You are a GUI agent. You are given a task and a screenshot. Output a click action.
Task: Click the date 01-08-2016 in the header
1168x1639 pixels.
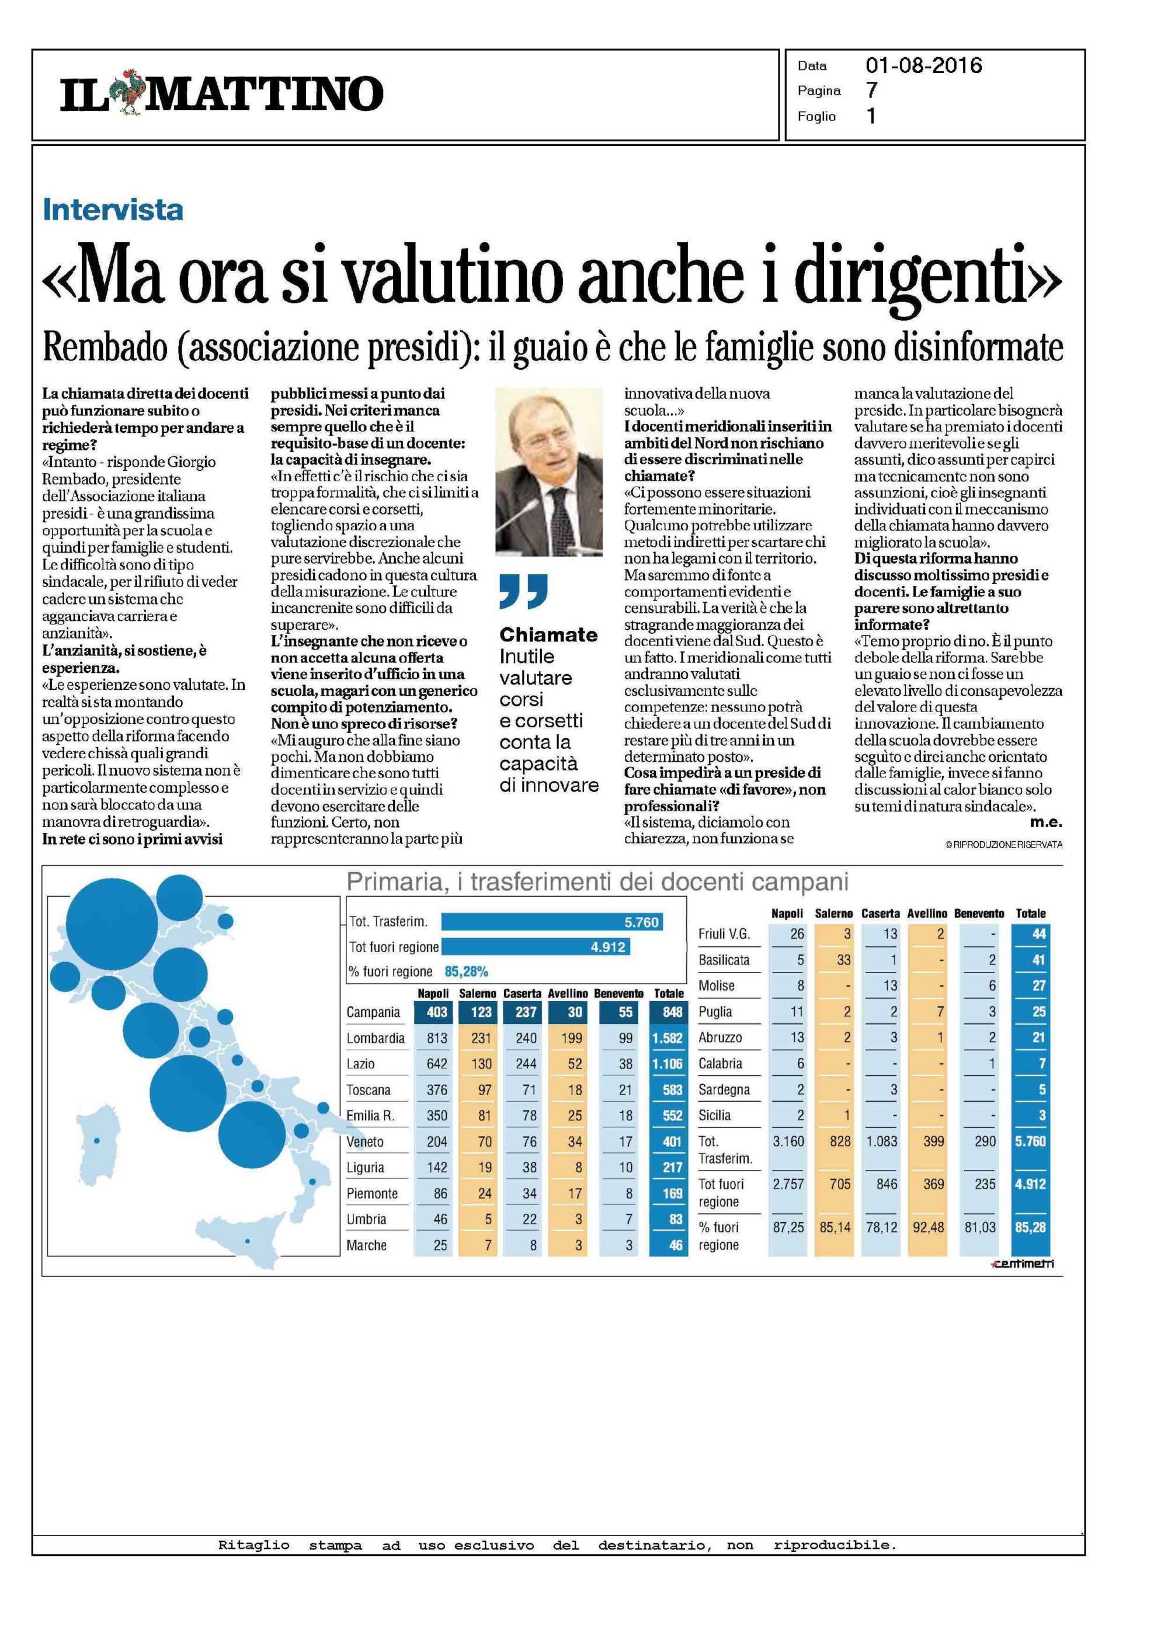click(923, 66)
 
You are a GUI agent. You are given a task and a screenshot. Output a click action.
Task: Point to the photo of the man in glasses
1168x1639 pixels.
click(549, 471)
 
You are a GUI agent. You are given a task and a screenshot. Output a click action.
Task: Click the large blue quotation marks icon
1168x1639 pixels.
click(524, 591)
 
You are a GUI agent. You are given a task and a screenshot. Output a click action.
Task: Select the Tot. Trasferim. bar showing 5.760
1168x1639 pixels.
click(552, 922)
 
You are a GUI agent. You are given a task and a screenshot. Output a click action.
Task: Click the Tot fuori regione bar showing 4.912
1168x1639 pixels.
click(535, 947)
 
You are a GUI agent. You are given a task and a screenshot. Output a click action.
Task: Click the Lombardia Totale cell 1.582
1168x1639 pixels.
click(668, 1039)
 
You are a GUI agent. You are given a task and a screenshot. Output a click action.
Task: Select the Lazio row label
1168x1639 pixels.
click(360, 1064)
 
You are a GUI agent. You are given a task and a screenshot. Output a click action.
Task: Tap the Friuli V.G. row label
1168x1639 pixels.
click(724, 934)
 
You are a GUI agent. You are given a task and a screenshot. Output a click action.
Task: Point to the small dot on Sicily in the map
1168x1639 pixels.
click(248, 1241)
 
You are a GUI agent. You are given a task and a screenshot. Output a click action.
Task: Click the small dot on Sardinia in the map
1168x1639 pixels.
click(97, 1141)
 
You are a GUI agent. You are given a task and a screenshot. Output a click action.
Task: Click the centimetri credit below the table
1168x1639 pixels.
click(1022, 1263)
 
